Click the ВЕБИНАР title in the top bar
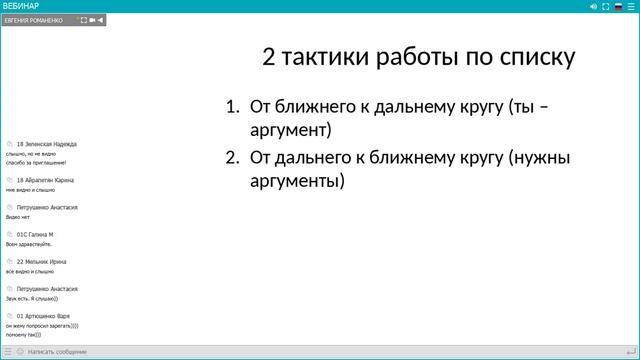tap(21, 6)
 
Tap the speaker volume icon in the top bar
tap(593, 6)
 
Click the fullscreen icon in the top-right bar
tap(606, 6)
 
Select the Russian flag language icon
tap(618, 6)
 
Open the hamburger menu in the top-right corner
tap(631, 6)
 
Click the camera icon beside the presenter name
tap(93, 20)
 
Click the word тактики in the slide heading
tap(327, 58)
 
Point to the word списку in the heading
tap(535, 58)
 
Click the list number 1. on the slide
tap(232, 107)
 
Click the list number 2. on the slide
tap(232, 157)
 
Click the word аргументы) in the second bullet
tap(296, 181)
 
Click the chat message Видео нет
tap(19, 216)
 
